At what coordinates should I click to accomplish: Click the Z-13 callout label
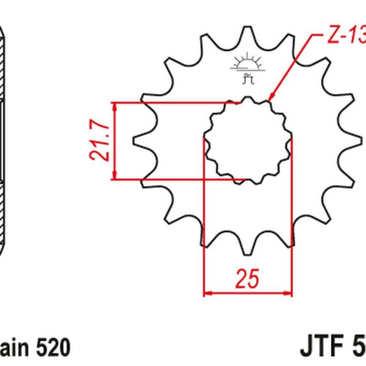(345, 37)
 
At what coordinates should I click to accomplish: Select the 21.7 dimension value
(101, 142)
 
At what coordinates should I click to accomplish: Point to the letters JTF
(322, 348)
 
